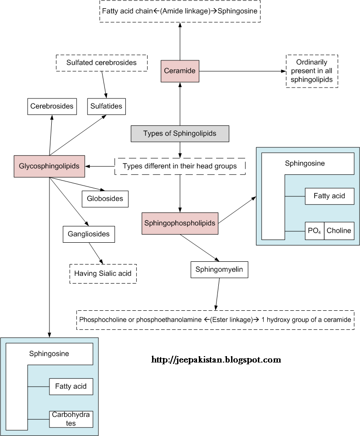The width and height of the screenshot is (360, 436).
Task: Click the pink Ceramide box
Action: coord(180,71)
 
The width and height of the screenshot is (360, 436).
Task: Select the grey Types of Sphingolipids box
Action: coord(180,133)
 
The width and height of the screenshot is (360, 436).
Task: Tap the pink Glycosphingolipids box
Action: coord(49,166)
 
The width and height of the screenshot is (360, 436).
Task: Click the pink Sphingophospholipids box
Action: coord(180,223)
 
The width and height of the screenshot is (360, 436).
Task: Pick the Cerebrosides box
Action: coord(52,106)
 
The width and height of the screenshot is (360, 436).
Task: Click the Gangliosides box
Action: coord(89,234)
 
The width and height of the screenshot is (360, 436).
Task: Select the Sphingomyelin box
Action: coord(219,270)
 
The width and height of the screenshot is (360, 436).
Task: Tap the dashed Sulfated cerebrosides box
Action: coord(101,63)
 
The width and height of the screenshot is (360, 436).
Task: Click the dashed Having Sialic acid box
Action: coord(103,274)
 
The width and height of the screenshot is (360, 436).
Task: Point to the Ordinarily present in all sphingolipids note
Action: coord(311,71)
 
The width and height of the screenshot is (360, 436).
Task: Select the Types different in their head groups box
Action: coord(180,166)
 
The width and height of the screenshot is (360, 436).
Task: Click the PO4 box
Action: coord(314,230)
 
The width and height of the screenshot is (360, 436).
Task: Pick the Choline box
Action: coord(339,230)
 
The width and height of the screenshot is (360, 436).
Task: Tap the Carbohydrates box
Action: coord(71,419)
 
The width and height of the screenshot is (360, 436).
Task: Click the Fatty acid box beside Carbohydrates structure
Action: coord(71,387)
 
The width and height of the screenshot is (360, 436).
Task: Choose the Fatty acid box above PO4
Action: coord(329,196)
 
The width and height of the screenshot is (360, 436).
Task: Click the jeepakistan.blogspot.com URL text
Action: coord(216,360)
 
